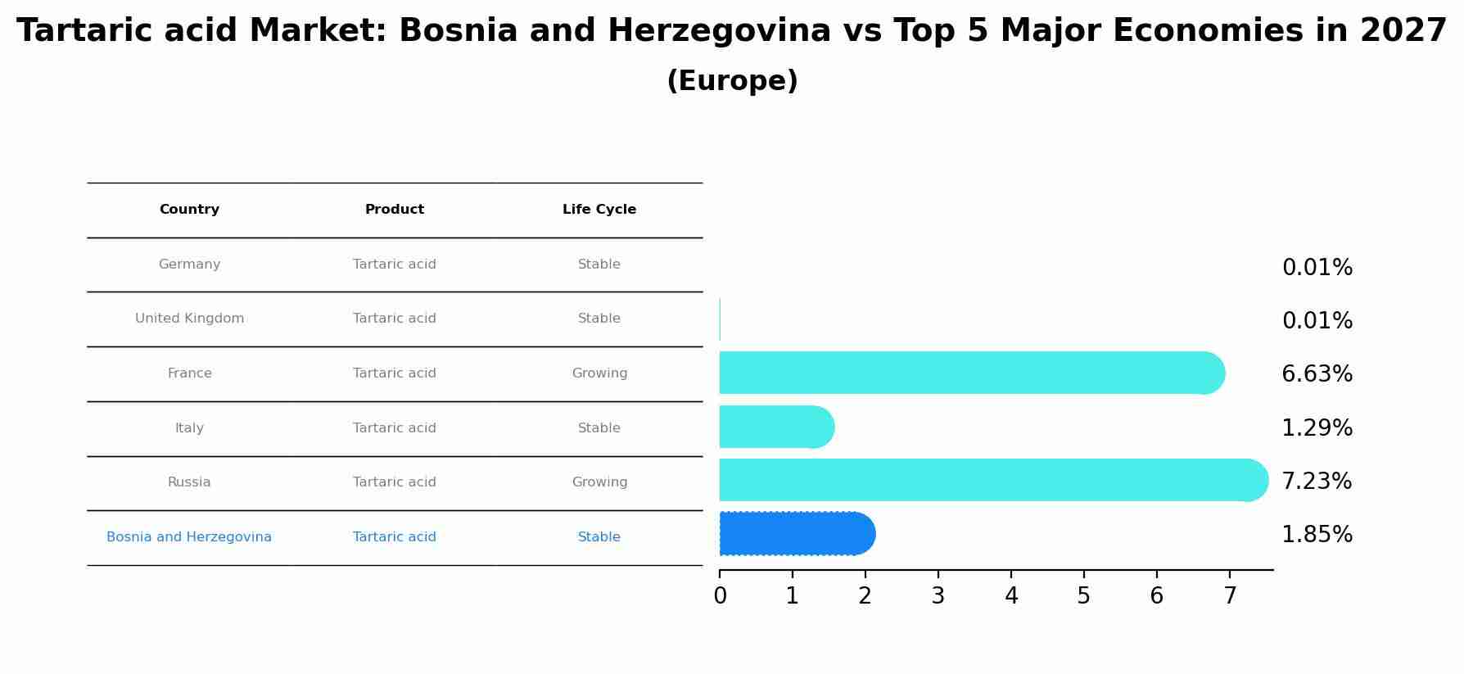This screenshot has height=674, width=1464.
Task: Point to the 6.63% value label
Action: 1317,374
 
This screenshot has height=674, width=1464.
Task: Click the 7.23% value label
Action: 1317,482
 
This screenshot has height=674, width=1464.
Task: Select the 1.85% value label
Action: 1317,535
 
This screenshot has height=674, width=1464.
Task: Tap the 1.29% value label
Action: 1317,428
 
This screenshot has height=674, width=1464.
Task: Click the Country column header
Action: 189,210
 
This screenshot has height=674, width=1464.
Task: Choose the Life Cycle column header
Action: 599,210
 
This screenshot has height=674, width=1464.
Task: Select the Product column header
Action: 395,210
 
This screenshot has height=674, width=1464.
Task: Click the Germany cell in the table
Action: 189,265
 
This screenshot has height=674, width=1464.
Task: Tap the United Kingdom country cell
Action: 189,319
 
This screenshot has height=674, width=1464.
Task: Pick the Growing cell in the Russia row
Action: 599,482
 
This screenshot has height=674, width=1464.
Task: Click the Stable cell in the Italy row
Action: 599,428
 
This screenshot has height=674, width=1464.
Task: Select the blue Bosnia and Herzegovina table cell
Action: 189,537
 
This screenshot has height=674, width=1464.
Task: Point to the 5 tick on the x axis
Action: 1083,596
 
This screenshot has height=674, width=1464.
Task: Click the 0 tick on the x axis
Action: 720,596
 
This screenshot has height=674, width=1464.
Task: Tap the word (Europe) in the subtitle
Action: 732,81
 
